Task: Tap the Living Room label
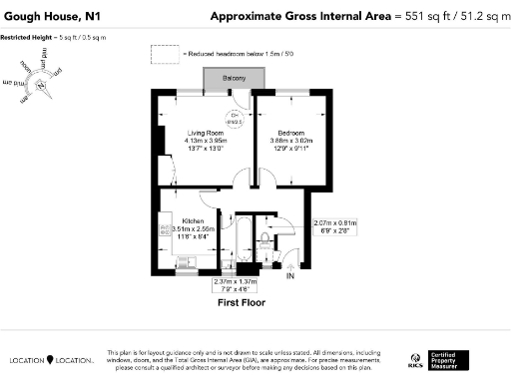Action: tap(207, 133)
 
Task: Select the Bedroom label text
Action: tap(290, 133)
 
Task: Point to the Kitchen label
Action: tap(193, 220)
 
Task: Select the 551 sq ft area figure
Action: tap(411, 16)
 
